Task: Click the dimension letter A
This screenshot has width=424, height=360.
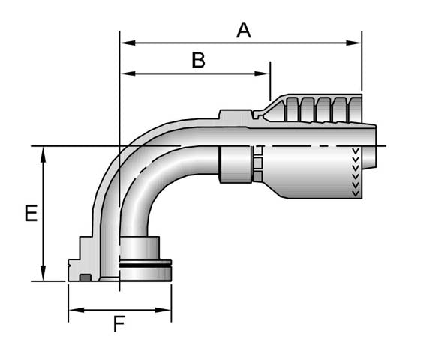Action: tap(243, 30)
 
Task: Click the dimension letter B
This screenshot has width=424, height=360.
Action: tap(198, 60)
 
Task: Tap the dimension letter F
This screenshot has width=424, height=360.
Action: tap(119, 324)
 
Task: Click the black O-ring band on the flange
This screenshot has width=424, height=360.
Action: tap(146, 263)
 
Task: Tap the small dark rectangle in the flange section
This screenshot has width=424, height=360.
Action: tap(86, 278)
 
